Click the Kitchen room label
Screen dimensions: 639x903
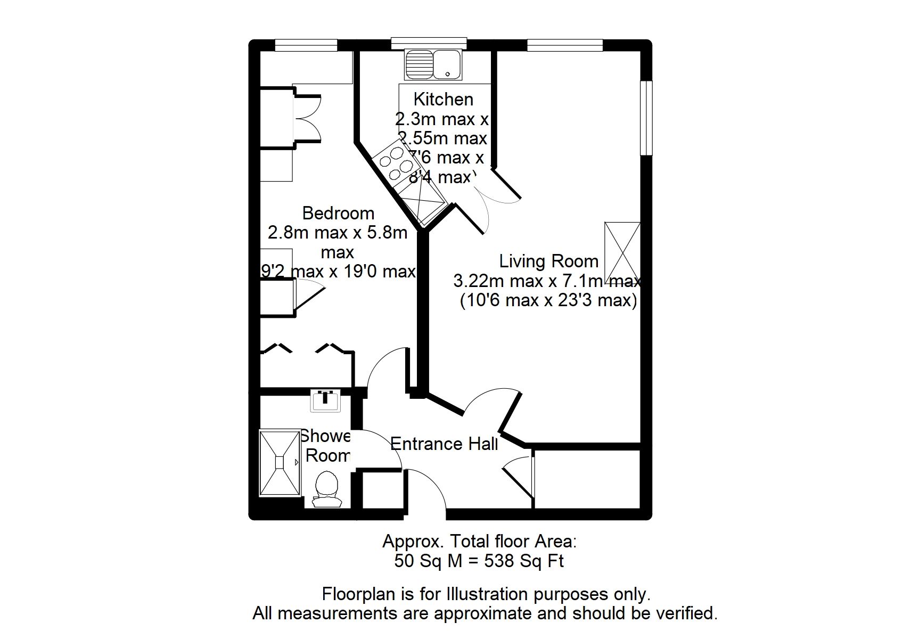click(x=443, y=99)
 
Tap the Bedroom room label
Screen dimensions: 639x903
click(x=338, y=213)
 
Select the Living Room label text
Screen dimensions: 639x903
click(x=548, y=261)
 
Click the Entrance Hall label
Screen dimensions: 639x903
click(x=444, y=444)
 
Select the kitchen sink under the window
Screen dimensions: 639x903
click(x=433, y=64)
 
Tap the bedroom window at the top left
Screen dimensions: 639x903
click(x=306, y=45)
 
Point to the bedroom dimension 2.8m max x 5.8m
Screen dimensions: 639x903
click(x=338, y=233)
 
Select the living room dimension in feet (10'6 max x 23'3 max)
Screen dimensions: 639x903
click(x=548, y=300)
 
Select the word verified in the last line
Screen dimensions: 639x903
click(x=687, y=613)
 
